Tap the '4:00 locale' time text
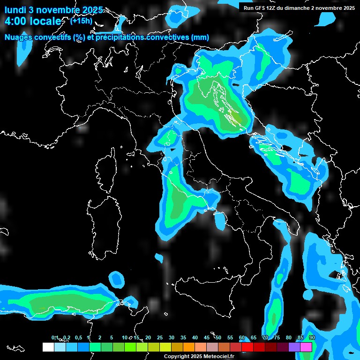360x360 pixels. pyautogui.click(x=32, y=21)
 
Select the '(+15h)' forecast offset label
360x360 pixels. pyautogui.click(x=81, y=21)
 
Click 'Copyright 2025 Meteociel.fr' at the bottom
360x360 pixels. pyautogui.click(x=199, y=356)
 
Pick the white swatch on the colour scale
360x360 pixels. pyautogui.click(x=48, y=347)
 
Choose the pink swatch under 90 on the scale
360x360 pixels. pyautogui.click(x=306, y=347)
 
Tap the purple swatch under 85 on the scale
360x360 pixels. pyautogui.click(x=294, y=347)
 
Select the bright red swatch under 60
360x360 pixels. pyautogui.click(x=247, y=347)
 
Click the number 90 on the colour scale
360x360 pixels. pyautogui.click(x=312, y=337)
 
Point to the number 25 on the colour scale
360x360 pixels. pyautogui.click(x=159, y=337)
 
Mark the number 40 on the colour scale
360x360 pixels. pyautogui.click(x=195, y=337)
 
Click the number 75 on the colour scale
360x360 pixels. pyautogui.click(x=277, y=337)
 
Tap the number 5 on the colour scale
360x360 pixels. pyautogui.click(x=111, y=337)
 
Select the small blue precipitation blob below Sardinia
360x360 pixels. pyautogui.click(x=116, y=279)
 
